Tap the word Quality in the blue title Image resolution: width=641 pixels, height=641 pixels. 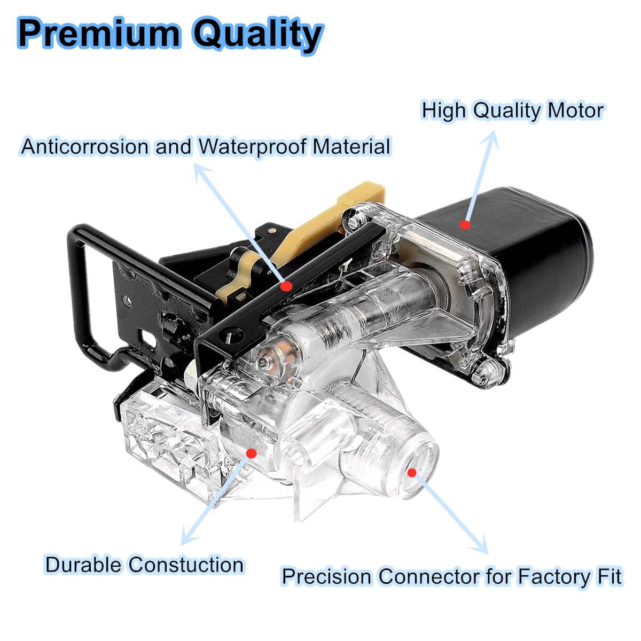tap(258, 36)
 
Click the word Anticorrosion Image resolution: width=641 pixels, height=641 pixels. tap(84, 146)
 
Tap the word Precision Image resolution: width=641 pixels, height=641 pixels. tap(326, 576)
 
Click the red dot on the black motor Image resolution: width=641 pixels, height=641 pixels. tap(465, 225)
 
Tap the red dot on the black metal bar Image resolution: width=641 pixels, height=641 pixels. tap(286, 286)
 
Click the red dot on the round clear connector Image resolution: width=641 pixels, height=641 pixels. tap(412, 473)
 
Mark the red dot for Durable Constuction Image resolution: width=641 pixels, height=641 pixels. tap(252, 453)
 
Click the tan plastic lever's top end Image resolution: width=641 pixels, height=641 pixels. tap(370, 189)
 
